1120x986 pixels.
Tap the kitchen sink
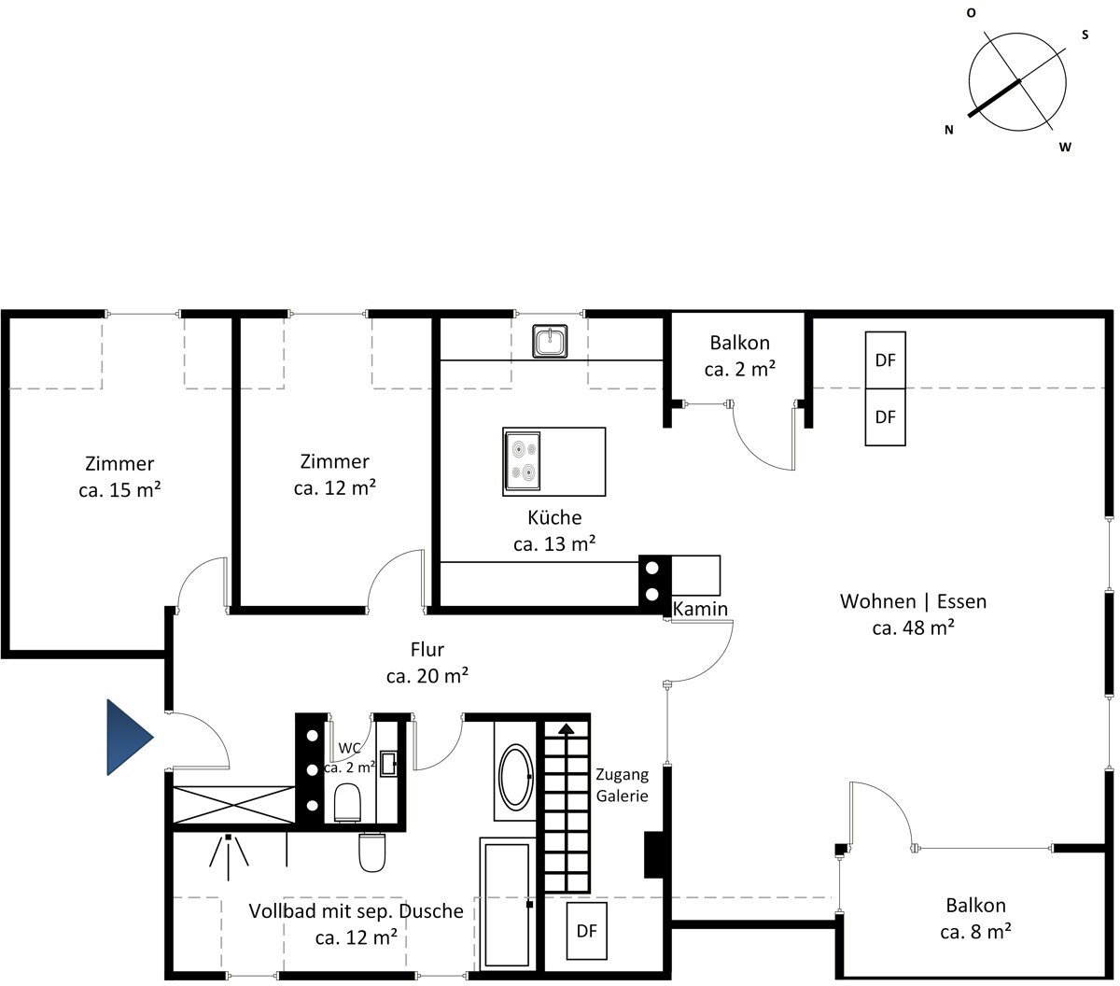tap(550, 341)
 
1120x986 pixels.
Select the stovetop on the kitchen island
tap(522, 460)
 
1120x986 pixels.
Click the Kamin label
tap(700, 609)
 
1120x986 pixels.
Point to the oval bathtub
tap(515, 777)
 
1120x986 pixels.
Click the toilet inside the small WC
tap(347, 802)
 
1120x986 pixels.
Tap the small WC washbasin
tap(388, 764)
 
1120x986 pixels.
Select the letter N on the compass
tap(948, 130)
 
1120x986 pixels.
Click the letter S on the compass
tap(1085, 35)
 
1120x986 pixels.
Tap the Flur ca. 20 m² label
tap(427, 663)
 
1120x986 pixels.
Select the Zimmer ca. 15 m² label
tap(119, 477)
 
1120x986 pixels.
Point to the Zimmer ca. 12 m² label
tap(334, 474)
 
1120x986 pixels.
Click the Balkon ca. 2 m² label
tap(739, 356)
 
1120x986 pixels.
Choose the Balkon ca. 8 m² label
tap(975, 918)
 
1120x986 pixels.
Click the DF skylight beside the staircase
tap(586, 931)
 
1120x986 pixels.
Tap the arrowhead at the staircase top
tap(567, 728)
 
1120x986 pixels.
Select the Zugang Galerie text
tap(622, 784)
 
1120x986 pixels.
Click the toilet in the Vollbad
tap(372, 852)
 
